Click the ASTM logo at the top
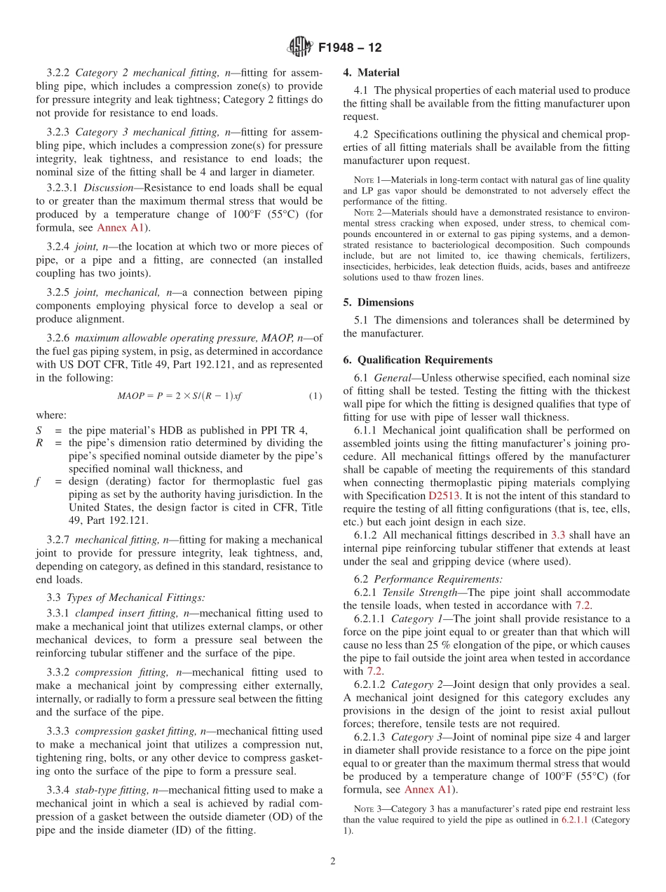coord(300,48)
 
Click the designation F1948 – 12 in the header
coord(350,48)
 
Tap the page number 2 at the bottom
coord(333,861)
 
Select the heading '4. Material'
coord(371,72)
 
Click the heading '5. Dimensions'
coord(378,302)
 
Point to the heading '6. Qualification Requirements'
coord(418,360)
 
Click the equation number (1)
coord(315,396)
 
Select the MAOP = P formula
coord(179,396)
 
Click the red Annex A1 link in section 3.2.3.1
coord(123,228)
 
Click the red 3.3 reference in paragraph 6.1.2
coord(559,534)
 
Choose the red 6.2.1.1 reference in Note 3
coord(577,819)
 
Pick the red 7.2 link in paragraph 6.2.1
coord(583,604)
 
